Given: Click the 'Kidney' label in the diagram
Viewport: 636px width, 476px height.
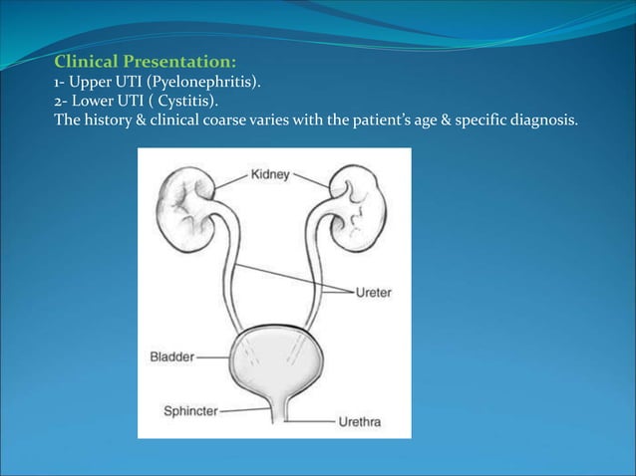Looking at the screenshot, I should [x=270, y=174].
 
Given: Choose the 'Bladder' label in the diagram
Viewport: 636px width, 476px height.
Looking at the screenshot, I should [x=170, y=355].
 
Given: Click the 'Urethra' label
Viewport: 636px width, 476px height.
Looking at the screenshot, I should [x=358, y=422].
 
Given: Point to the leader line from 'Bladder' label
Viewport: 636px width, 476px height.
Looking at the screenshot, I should [x=212, y=355].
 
